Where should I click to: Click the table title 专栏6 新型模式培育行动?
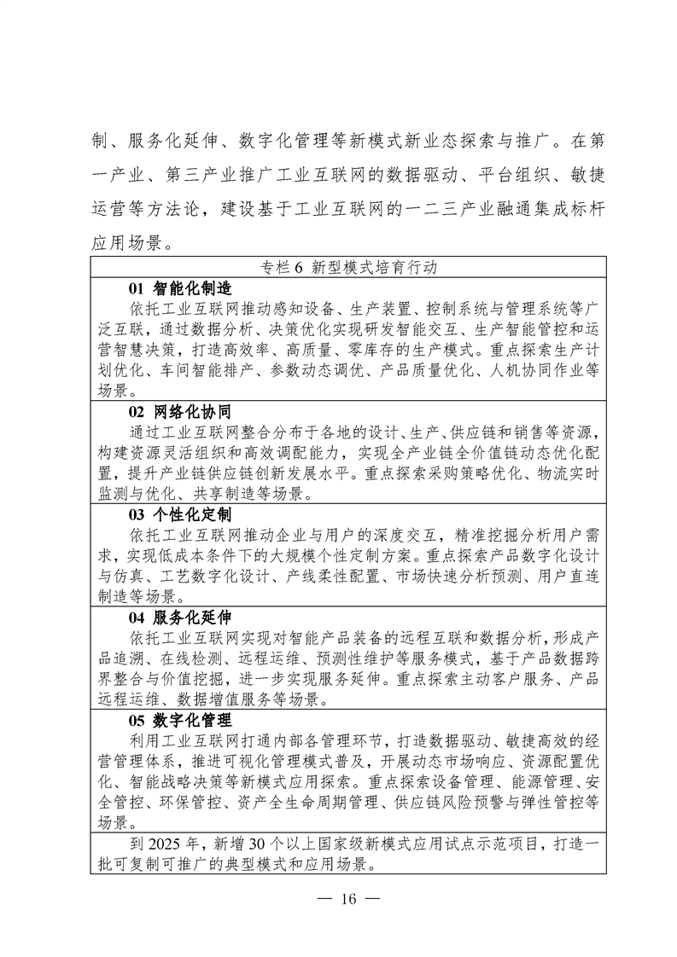(350, 267)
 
